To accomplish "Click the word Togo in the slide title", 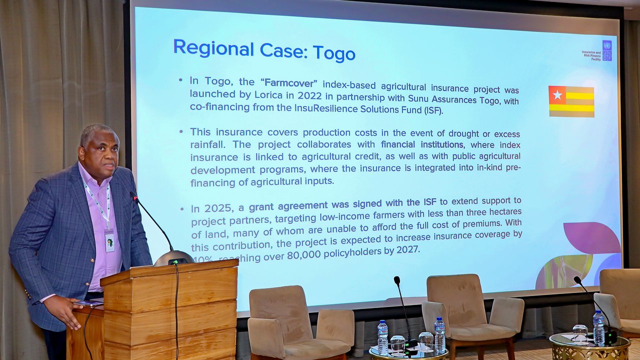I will coord(333,52).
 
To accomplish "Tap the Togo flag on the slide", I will coord(571,101).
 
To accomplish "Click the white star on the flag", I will coord(557,95).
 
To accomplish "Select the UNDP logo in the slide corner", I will coord(606,50).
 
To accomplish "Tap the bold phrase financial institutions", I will coord(421,145).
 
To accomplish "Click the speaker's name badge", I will coord(109,241).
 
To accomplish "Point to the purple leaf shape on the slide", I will coord(592,237).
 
